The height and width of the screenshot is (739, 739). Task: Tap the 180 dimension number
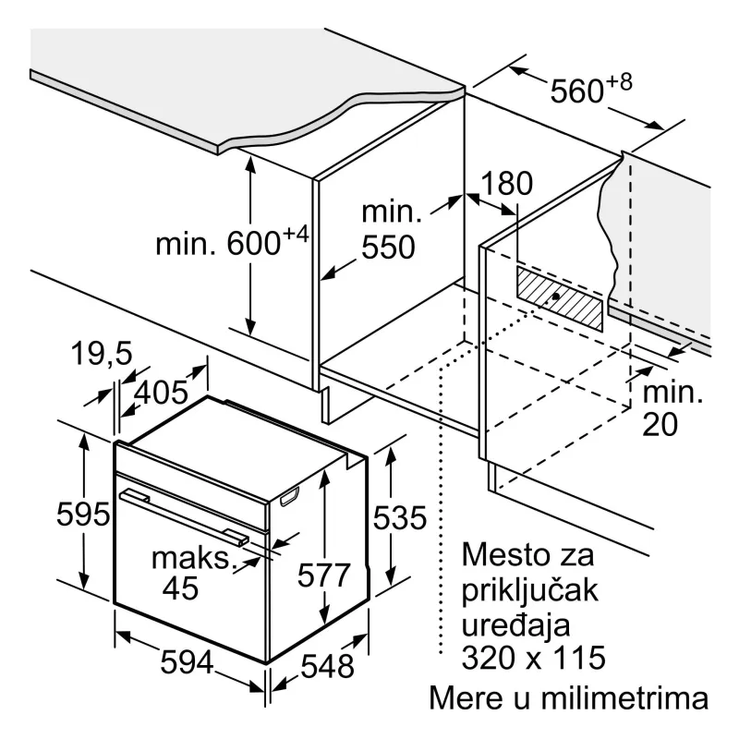click(x=506, y=183)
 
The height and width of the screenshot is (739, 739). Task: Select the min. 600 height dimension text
click(x=232, y=241)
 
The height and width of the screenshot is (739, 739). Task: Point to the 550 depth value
click(x=388, y=247)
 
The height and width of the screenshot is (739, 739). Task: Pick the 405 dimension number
click(x=161, y=392)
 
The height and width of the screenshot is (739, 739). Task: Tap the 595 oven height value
click(x=83, y=514)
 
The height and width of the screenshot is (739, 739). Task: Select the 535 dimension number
click(x=400, y=517)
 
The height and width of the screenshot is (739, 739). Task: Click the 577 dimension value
click(x=324, y=575)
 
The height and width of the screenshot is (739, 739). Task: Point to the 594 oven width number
click(x=188, y=661)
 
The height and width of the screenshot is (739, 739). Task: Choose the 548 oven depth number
click(x=328, y=666)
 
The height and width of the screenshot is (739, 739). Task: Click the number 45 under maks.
click(x=180, y=588)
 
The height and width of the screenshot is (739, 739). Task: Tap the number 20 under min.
click(x=660, y=424)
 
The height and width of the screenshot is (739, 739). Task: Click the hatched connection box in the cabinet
click(x=560, y=298)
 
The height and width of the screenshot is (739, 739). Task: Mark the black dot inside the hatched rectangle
click(x=556, y=296)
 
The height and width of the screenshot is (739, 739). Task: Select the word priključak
click(x=529, y=589)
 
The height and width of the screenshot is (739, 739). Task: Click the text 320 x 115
click(x=534, y=657)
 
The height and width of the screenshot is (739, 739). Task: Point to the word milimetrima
click(x=624, y=698)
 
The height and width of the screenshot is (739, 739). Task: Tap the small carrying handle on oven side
click(x=290, y=497)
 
